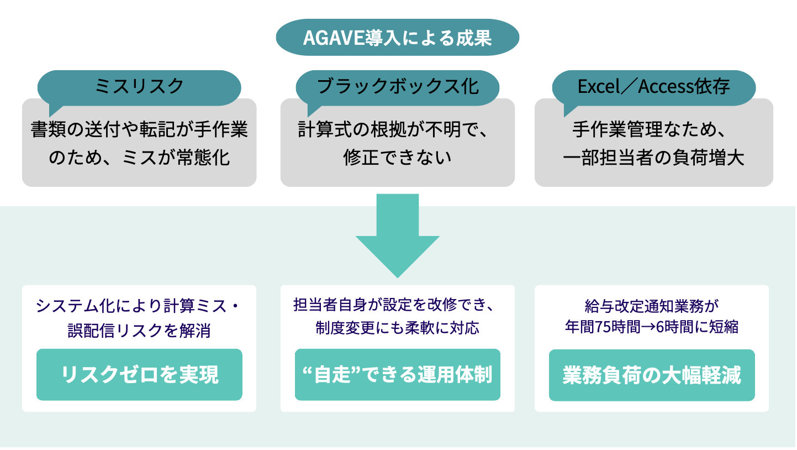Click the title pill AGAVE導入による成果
tap(397, 38)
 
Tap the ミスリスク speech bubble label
tap(139, 86)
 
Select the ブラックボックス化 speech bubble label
tap(398, 86)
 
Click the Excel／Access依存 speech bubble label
tap(653, 86)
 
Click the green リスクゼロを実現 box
tap(139, 375)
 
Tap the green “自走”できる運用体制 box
tap(398, 375)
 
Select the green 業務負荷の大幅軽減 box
tap(652, 375)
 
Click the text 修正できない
tap(397, 158)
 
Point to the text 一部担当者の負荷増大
tap(653, 158)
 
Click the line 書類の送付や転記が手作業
tap(139, 130)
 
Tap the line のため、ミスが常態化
tap(139, 158)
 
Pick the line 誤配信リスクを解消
tap(139, 331)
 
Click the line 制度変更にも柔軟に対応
tap(397, 328)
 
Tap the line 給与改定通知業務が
tap(652, 305)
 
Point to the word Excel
tap(600, 86)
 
